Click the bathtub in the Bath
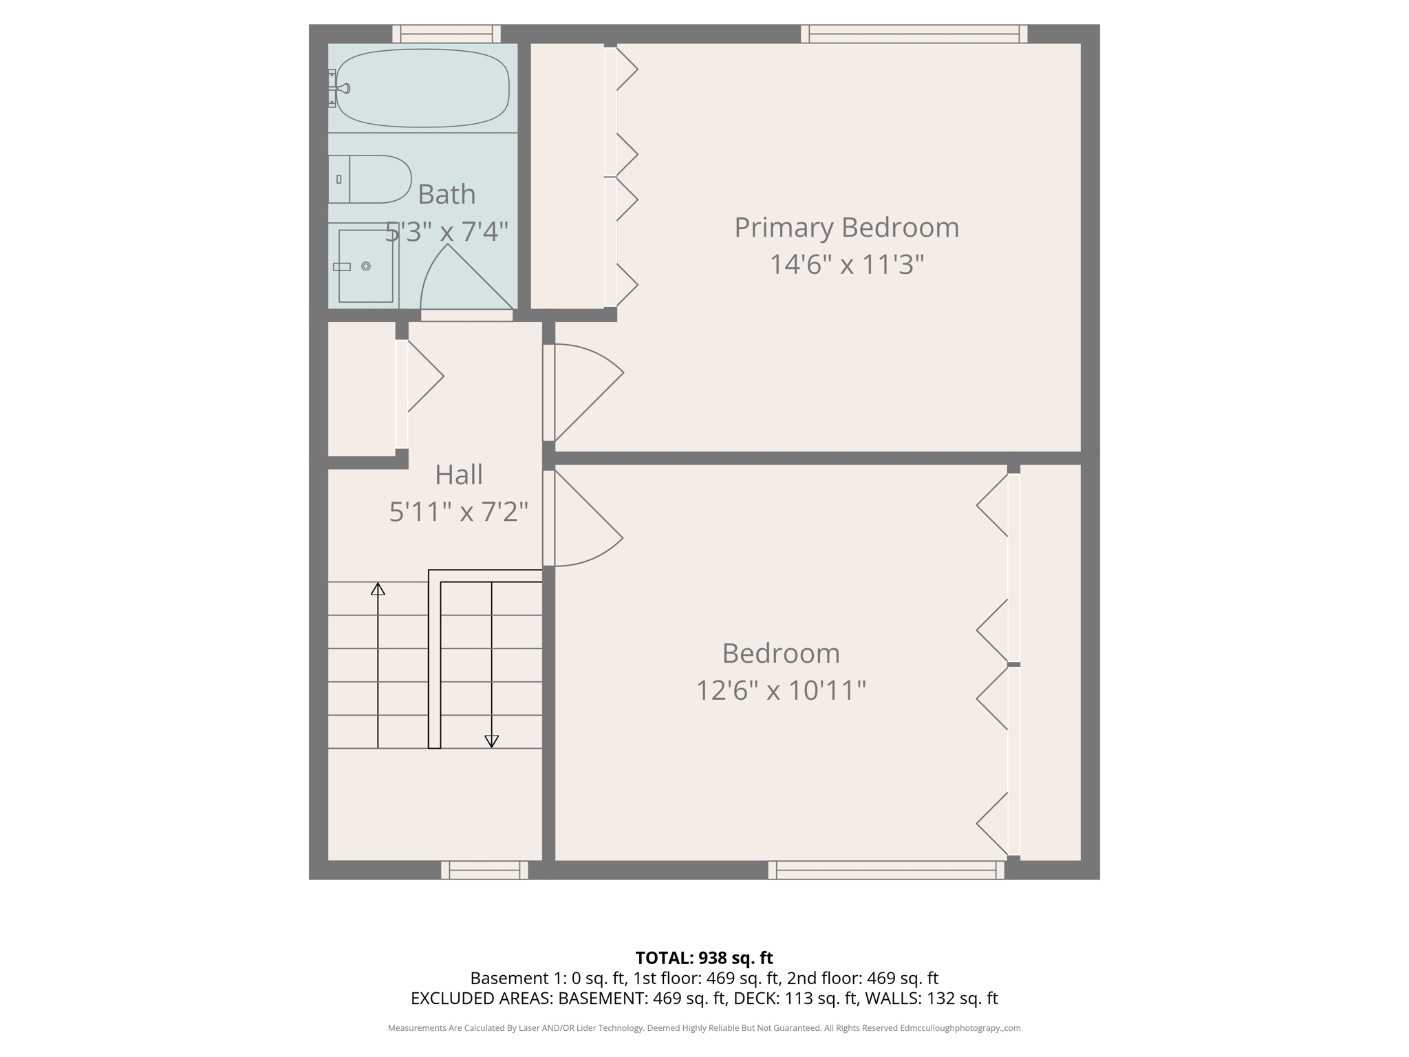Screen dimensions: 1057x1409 pyautogui.click(x=422, y=87)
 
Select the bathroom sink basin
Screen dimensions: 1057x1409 pyautogui.click(x=365, y=266)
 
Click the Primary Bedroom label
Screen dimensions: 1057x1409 pyautogui.click(x=846, y=228)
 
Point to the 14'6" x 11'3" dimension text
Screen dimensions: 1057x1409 pyautogui.click(x=846, y=264)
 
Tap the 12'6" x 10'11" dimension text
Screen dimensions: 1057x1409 pyautogui.click(x=781, y=690)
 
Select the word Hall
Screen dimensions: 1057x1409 pyautogui.click(x=459, y=475)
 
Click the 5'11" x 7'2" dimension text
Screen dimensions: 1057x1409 pyautogui.click(x=459, y=511)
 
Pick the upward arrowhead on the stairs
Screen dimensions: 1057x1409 pyautogui.click(x=378, y=589)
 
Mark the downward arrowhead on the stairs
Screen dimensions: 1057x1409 pyautogui.click(x=491, y=740)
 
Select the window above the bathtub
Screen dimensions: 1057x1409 pyautogui.click(x=447, y=34)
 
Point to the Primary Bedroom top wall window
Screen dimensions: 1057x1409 pyautogui.click(x=914, y=34)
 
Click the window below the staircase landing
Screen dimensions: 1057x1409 pyautogui.click(x=484, y=871)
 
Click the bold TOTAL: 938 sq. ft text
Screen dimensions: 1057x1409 pyautogui.click(x=704, y=958)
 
